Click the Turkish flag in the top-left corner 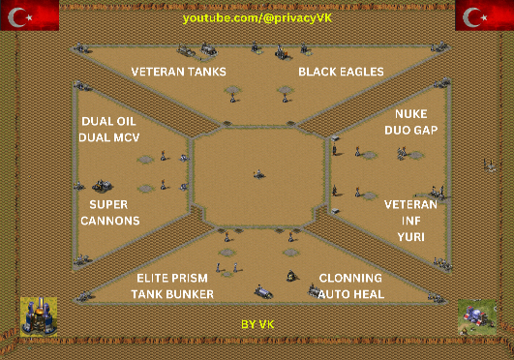[30, 15]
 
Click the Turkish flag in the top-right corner [485, 15]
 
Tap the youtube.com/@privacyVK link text [257, 18]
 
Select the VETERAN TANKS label [179, 72]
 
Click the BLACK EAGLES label [341, 72]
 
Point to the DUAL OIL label [108, 121]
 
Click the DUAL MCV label [109, 137]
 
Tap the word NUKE [411, 114]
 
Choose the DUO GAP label [411, 131]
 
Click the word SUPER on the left [108, 204]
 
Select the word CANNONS [110, 221]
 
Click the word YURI [411, 237]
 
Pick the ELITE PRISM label [172, 278]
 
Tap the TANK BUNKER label [172, 294]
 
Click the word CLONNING [350, 278]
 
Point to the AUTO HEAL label [351, 294]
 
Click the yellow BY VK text [257, 324]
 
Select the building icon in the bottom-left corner [39, 316]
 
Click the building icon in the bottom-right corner [477, 316]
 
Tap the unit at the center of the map [259, 174]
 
